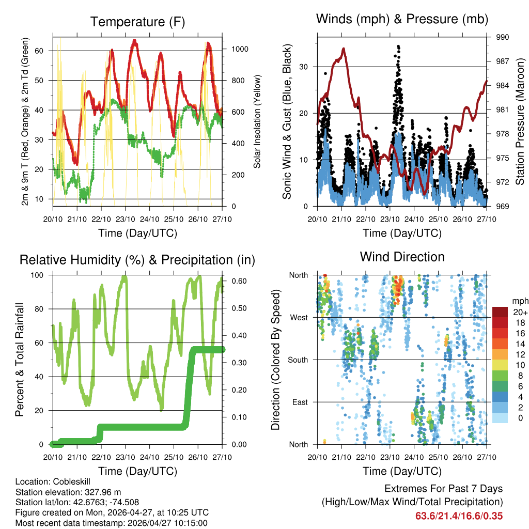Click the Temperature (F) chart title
point(137,22)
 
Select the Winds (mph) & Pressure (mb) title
point(402,20)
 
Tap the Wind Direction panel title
point(402,256)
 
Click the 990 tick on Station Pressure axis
point(503,37)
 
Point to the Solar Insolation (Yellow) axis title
point(257,121)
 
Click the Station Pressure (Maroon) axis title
point(520,122)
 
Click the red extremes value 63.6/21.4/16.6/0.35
point(459,516)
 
